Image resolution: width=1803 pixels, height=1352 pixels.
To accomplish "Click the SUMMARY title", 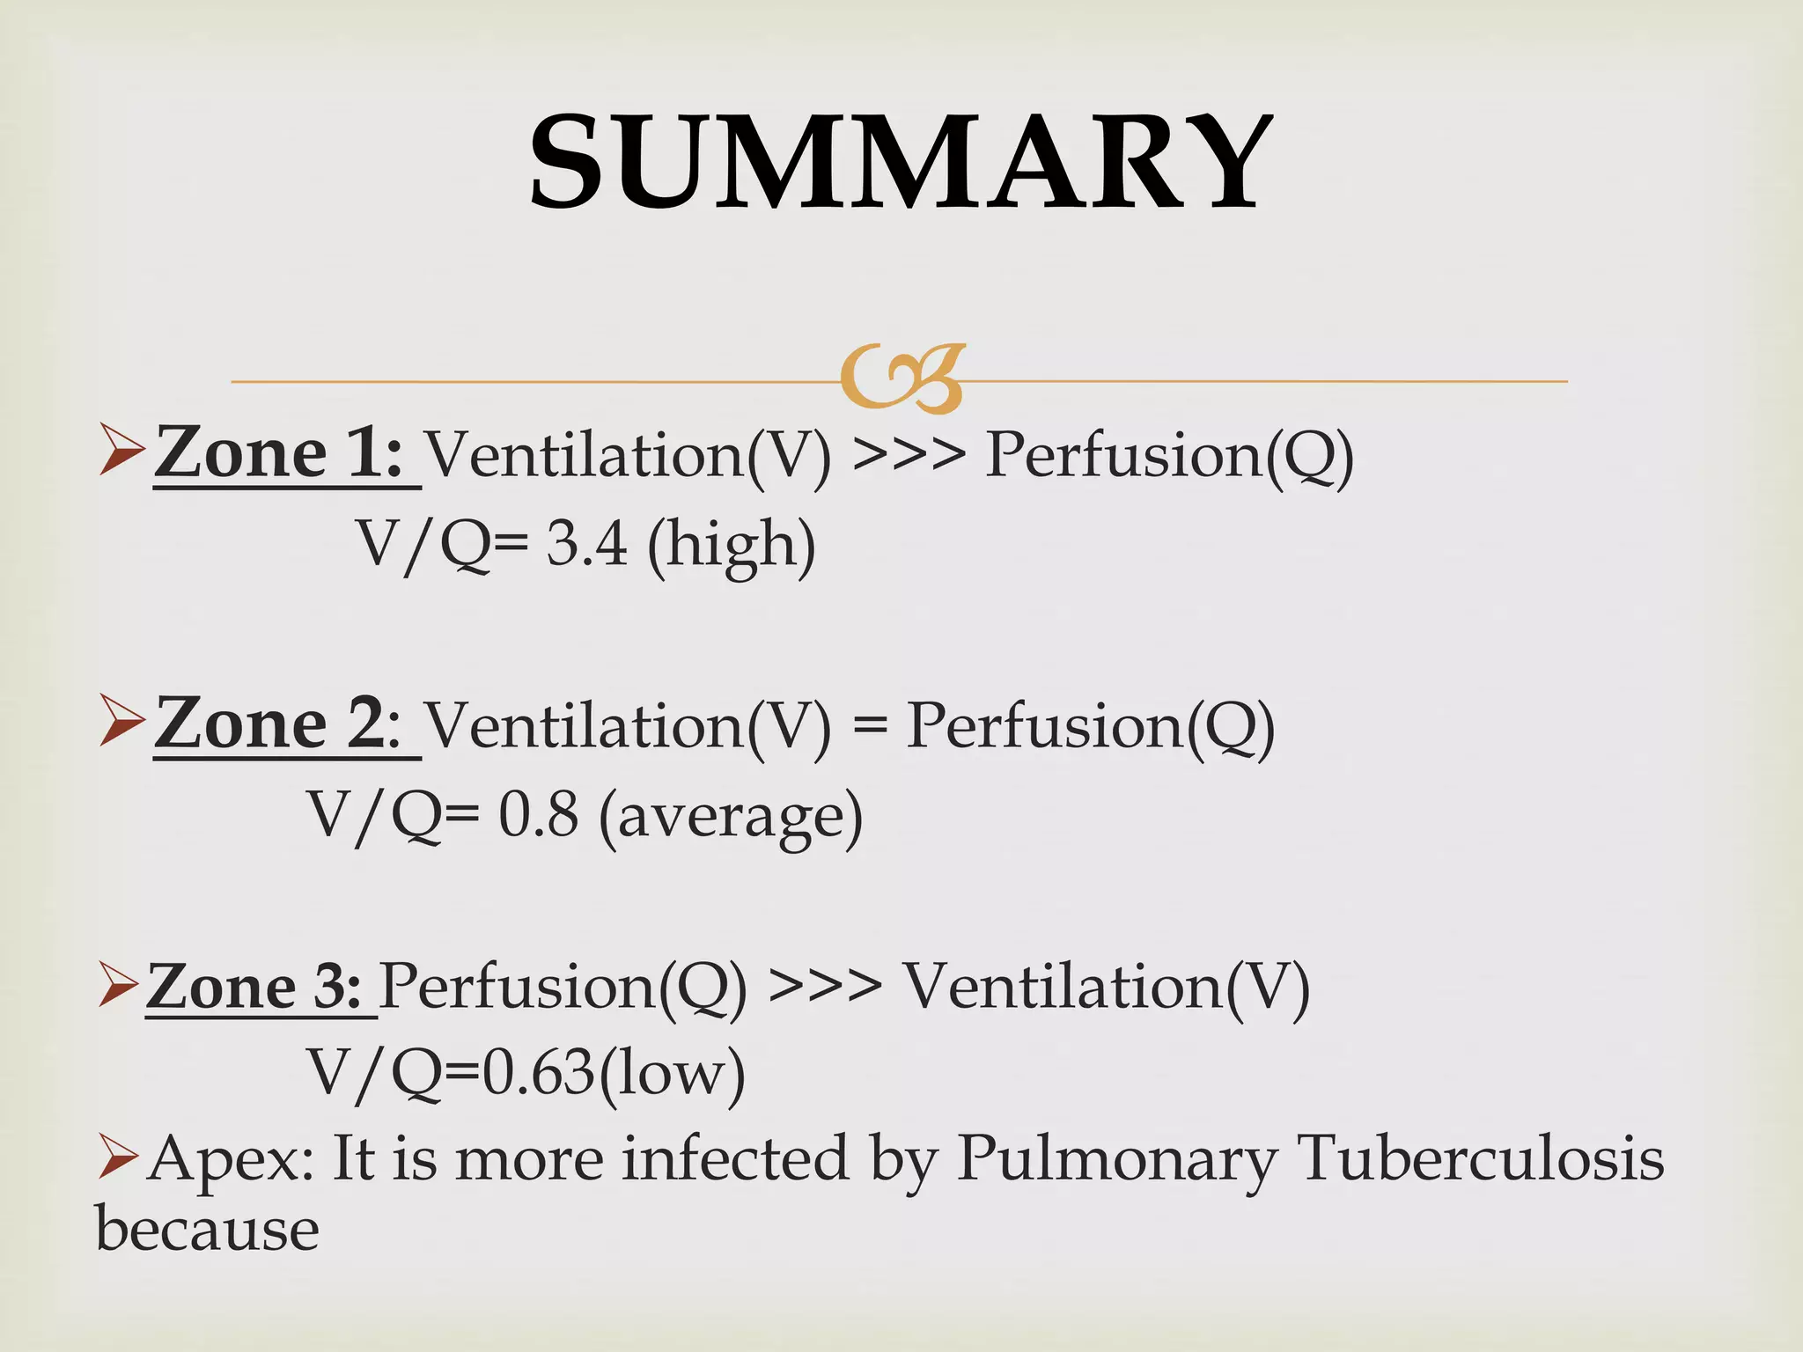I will [901, 163].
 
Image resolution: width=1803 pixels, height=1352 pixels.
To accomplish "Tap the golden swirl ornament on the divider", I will [901, 378].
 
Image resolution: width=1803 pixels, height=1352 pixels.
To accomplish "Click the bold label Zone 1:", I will [279, 452].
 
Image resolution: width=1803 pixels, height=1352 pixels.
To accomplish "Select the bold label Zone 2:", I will [279, 724].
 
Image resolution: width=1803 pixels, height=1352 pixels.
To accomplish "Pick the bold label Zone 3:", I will [254, 986].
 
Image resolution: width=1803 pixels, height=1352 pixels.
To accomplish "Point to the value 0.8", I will [539, 813].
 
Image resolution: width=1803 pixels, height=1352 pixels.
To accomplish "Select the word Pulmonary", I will [1116, 1160].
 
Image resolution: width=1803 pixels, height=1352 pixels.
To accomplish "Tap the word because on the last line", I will [207, 1229].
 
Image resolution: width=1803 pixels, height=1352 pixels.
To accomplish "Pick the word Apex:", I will [232, 1160].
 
